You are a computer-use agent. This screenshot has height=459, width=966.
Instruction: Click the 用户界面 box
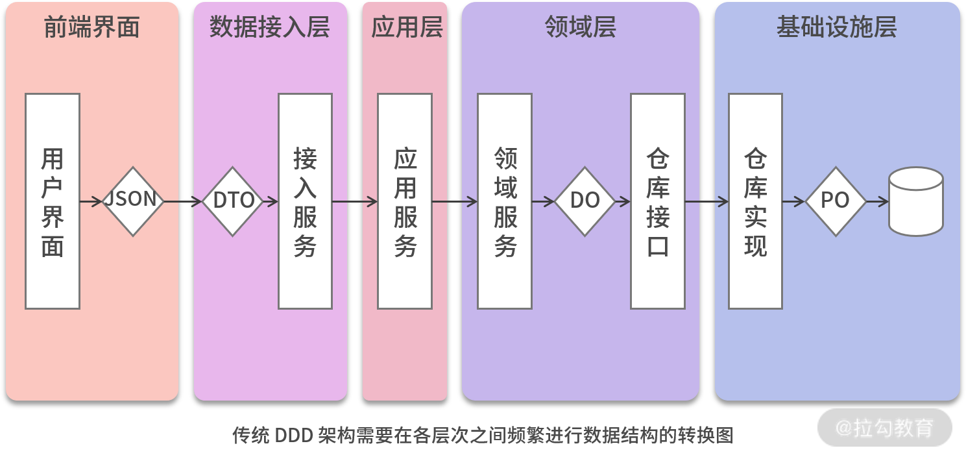[x=53, y=201]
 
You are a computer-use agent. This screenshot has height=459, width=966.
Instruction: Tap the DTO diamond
[x=233, y=201]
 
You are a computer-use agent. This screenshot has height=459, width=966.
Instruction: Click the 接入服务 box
[x=305, y=201]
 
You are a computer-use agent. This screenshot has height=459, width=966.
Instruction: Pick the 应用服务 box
[x=405, y=201]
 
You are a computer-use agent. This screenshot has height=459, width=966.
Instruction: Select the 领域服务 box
[x=505, y=201]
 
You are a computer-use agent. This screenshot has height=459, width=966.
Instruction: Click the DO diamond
[x=585, y=201]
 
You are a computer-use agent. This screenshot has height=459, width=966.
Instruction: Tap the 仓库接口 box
[x=658, y=201]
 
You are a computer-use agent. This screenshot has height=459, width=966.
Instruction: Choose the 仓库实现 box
[x=755, y=201]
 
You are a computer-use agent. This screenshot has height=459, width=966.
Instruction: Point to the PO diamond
[x=836, y=201]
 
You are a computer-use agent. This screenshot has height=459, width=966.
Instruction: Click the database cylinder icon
[x=915, y=201]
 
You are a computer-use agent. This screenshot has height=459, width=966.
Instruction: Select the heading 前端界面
[x=91, y=28]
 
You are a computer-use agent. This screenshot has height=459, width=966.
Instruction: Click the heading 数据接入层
[x=270, y=28]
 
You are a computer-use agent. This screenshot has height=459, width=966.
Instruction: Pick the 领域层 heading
[x=581, y=28]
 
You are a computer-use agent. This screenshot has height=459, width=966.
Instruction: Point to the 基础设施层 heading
[x=837, y=28]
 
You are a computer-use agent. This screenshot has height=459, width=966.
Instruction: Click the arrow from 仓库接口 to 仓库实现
[x=706, y=202]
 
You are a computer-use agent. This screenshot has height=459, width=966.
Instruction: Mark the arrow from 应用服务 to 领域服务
[x=455, y=202]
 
